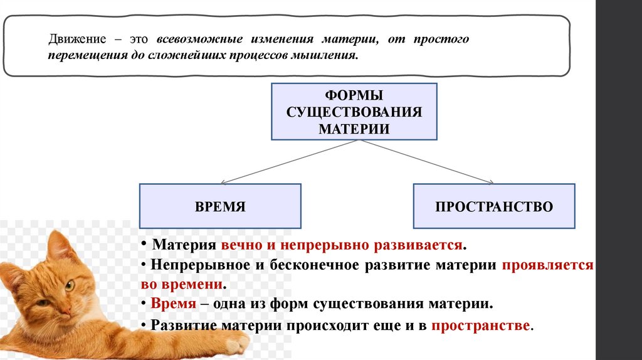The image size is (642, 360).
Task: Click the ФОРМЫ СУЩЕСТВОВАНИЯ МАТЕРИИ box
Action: point(354,111)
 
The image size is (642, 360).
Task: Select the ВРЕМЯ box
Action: point(220,206)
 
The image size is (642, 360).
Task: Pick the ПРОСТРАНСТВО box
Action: point(494,206)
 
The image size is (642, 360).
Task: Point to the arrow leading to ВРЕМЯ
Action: point(282,163)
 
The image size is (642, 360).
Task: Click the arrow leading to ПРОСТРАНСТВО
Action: point(426,163)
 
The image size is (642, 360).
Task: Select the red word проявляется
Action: point(547,265)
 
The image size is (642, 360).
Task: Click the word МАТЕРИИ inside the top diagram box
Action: point(354,129)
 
